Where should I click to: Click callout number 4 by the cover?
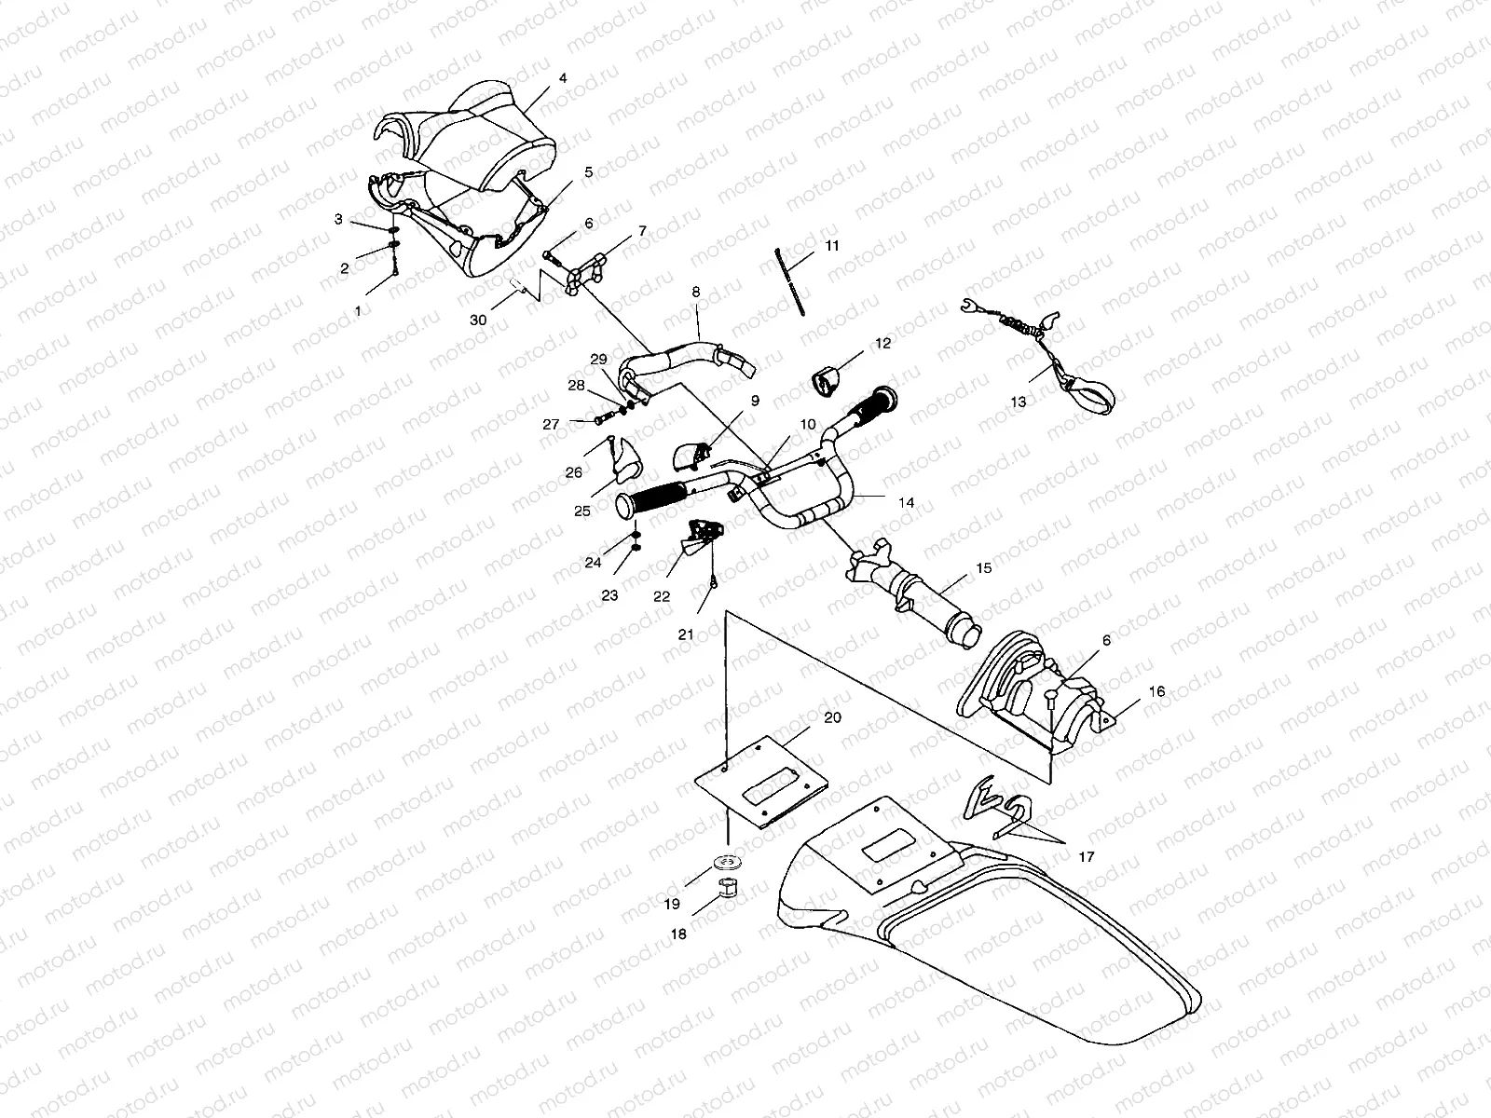(562, 79)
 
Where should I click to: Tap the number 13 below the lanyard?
(1018, 402)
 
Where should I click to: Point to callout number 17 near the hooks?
(1087, 856)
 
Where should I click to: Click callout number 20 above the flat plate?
(832, 716)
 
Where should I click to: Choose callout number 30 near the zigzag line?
(478, 320)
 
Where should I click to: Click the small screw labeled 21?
(712, 582)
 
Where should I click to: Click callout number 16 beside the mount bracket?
(1156, 691)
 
